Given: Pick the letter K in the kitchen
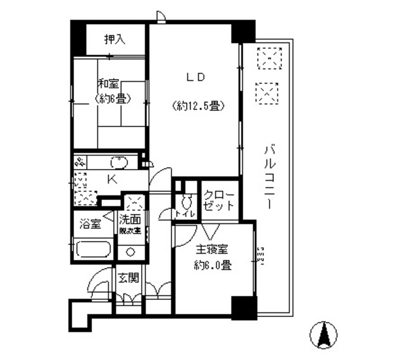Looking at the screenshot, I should pos(111,180).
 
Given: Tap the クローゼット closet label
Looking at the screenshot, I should pos(220,200).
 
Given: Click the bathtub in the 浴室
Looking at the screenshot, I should pos(93,247).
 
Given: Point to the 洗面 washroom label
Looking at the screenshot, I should pos(132,220).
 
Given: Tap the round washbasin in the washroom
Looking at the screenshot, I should pos(131,251).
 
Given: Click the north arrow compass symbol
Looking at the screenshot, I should pos(325,335).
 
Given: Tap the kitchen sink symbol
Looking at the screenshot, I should pos(120,162).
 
